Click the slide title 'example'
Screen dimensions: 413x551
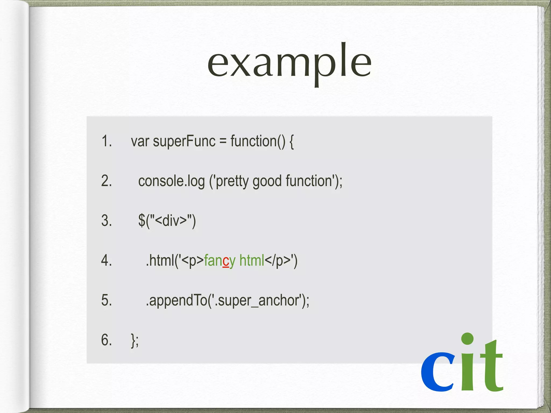pyautogui.click(x=289, y=63)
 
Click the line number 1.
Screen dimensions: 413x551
pyautogui.click(x=107, y=141)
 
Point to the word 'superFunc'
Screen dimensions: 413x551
pyautogui.click(x=184, y=141)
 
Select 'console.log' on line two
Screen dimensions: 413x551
pyautogui.click(x=171, y=181)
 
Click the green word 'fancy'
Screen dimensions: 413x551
pyautogui.click(x=220, y=261)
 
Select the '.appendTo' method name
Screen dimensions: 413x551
pyautogui.click(x=176, y=300)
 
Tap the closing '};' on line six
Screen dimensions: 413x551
pyautogui.click(x=135, y=340)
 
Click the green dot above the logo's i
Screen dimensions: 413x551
pyautogui.click(x=467, y=339)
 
